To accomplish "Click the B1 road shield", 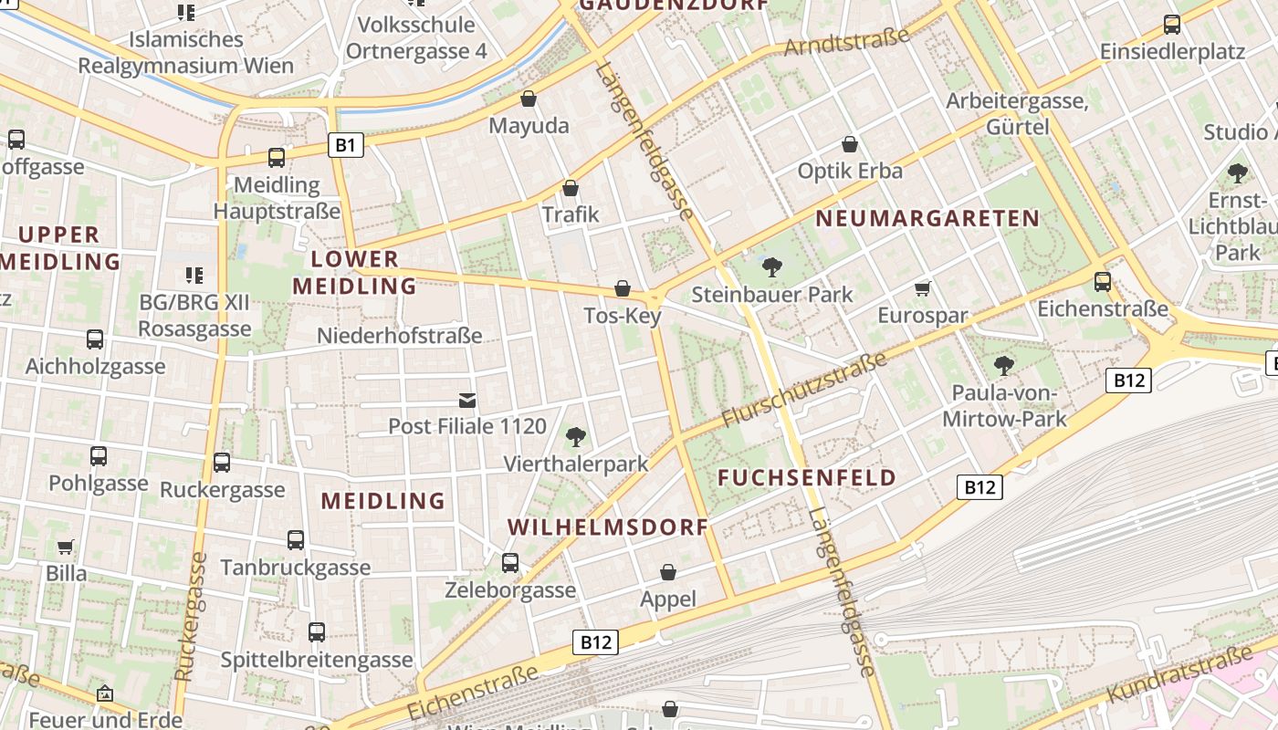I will [x=345, y=144].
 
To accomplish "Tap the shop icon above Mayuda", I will [x=528, y=99].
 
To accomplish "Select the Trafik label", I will [x=571, y=214].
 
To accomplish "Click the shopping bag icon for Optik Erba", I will [x=850, y=144].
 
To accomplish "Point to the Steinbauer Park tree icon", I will [x=772, y=267].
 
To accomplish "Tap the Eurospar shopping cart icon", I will [x=922, y=289].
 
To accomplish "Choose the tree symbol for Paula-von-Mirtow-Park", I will [x=1004, y=367].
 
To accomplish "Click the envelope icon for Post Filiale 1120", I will [x=467, y=400].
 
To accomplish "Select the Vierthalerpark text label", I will [x=576, y=464].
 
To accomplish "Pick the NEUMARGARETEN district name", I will [x=927, y=219].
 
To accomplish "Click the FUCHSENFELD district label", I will [x=807, y=478].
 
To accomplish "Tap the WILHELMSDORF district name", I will [x=608, y=527].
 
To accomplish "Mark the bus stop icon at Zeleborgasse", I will [x=510, y=563].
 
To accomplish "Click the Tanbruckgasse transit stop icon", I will [x=296, y=540].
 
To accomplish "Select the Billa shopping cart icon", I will [x=66, y=547].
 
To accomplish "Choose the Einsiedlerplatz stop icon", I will [x=1172, y=25].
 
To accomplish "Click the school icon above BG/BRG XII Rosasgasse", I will [x=194, y=275].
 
